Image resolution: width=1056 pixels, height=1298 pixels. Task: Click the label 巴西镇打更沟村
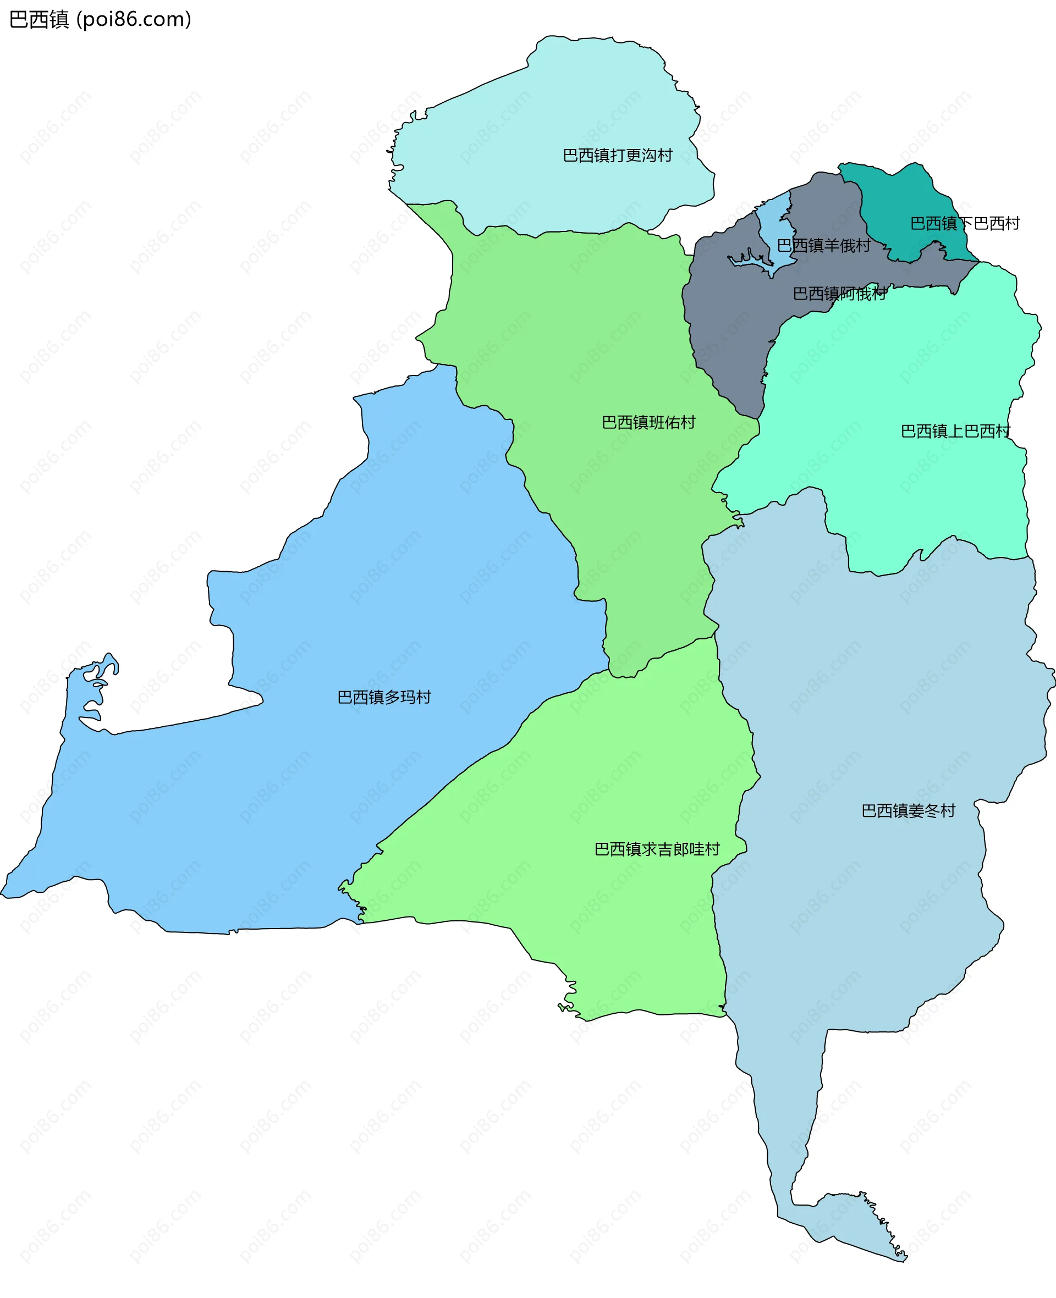(x=618, y=156)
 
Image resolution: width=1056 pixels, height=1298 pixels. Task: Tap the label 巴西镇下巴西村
(x=965, y=224)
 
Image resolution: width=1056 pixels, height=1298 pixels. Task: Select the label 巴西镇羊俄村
(x=824, y=246)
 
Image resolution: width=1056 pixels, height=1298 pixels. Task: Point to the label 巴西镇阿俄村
(x=839, y=294)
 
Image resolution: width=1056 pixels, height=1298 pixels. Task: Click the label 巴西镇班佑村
(x=648, y=423)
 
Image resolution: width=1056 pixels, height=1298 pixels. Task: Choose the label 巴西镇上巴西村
(x=955, y=431)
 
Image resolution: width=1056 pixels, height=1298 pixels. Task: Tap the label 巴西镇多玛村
(x=384, y=697)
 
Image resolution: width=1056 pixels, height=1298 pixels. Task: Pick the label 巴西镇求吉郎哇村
(x=657, y=849)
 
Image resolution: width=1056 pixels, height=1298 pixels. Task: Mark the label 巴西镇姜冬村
(x=908, y=810)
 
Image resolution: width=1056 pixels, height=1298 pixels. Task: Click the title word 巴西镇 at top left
(x=40, y=19)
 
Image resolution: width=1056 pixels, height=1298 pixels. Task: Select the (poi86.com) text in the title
(x=134, y=19)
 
